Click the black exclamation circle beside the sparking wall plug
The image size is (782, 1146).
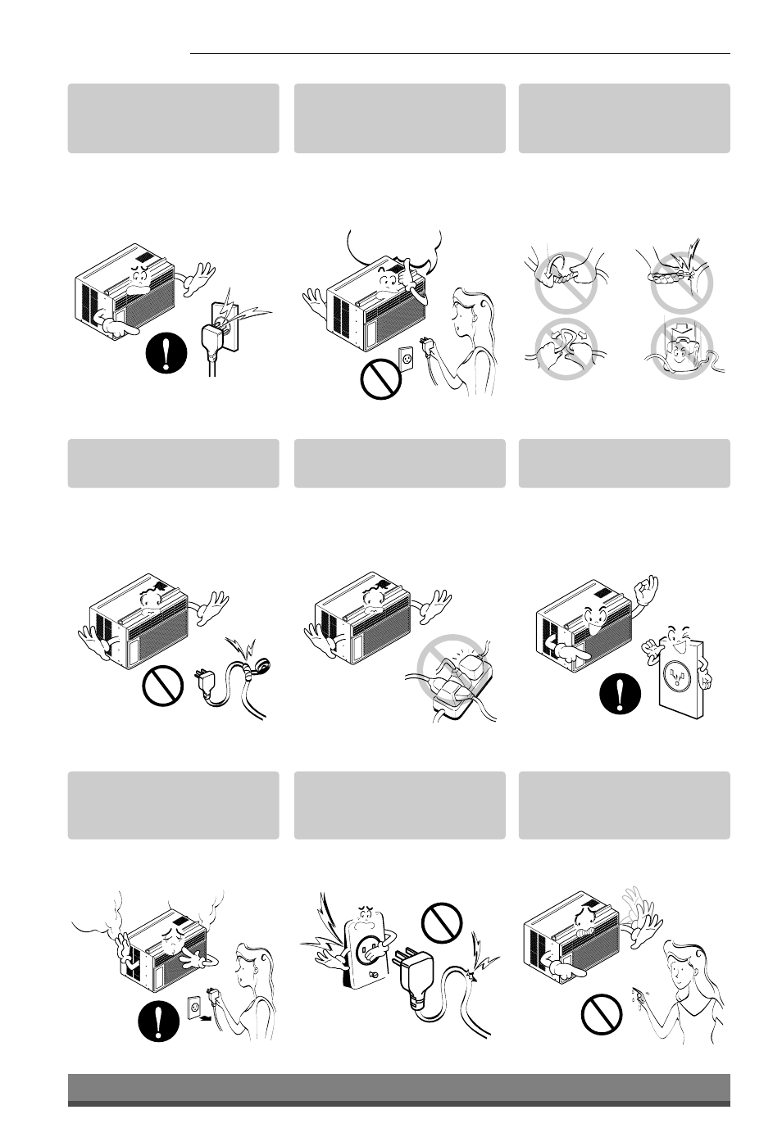pos(167,356)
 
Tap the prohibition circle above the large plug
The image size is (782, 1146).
pos(442,926)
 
